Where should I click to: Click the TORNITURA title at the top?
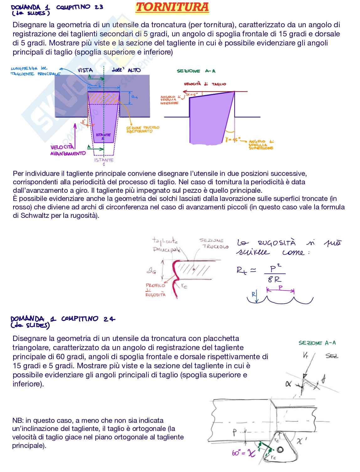[172, 7]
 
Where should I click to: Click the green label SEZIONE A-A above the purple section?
[196, 71]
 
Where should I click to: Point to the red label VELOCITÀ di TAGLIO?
[205, 84]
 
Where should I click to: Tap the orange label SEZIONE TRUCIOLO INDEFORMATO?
[143, 129]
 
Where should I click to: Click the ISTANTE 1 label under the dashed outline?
[103, 161]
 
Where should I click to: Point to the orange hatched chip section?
[103, 98]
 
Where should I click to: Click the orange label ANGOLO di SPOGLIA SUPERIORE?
[261, 145]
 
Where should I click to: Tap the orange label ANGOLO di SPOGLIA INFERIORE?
[169, 100]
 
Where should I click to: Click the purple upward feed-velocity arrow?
[75, 135]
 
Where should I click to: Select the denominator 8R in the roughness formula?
[274, 279]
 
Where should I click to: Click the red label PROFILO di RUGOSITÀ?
[155, 290]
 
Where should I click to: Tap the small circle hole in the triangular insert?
[280, 450]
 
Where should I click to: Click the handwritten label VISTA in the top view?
[85, 70]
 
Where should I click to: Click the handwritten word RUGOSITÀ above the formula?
[277, 243]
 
